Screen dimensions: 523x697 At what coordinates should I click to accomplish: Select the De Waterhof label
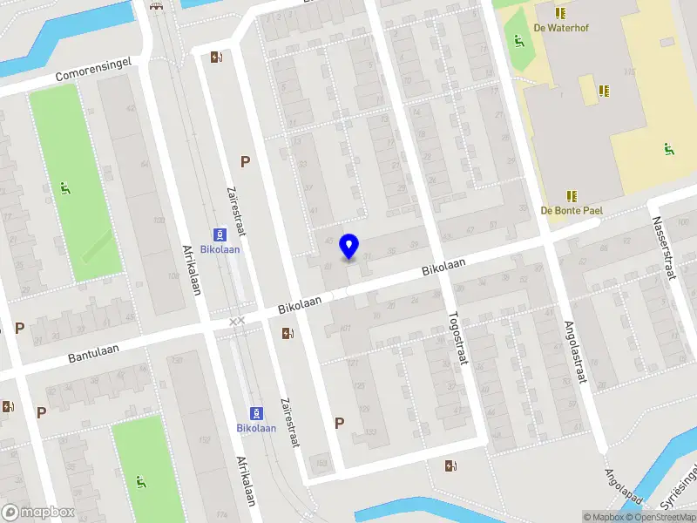coord(560,28)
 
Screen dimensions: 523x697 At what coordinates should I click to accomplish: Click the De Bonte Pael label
coord(572,210)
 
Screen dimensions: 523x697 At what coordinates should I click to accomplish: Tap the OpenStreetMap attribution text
coord(665,517)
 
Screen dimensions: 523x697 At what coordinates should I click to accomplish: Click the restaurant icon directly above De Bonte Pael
coord(572,196)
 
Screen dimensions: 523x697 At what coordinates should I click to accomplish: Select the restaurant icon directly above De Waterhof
coord(560,13)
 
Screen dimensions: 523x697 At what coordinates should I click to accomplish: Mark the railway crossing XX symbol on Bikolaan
coord(237,322)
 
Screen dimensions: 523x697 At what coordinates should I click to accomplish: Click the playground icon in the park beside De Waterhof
coord(518,39)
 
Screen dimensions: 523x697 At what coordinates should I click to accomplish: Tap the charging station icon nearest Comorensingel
coord(215,58)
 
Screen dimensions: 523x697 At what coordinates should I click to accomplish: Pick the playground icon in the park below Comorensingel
coord(66,187)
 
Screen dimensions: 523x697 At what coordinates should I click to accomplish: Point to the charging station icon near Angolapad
coord(450,465)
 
